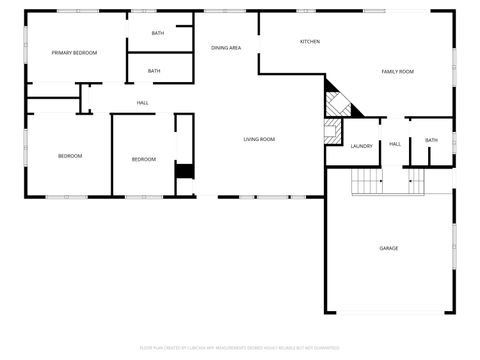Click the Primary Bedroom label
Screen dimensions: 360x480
pos(74,53)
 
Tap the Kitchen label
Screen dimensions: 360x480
pos(310,42)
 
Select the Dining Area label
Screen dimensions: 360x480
pos(226,48)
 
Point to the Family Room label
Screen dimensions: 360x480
pos(397,72)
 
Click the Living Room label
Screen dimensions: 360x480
pos(259,139)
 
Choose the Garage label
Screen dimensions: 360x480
pos(388,247)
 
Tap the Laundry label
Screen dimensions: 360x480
pos(361,146)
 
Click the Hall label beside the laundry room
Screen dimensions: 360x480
pos(395,144)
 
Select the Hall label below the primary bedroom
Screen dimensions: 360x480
pos(143,102)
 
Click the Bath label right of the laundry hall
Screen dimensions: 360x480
pos(431,140)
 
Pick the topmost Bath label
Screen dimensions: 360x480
pos(158,34)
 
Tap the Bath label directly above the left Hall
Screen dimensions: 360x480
pos(154,71)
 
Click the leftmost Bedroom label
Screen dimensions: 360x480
pos(70,156)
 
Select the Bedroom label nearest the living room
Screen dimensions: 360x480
pos(144,160)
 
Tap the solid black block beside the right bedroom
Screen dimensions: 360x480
pos(183,171)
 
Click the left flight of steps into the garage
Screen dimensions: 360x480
pos(368,181)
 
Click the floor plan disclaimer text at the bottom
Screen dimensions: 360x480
pos(240,348)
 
